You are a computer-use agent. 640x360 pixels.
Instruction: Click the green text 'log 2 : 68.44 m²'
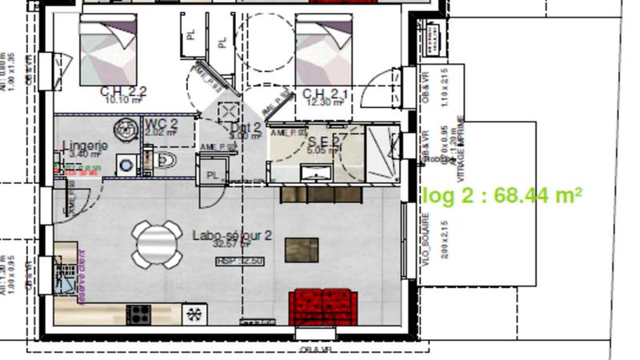[x=502, y=195]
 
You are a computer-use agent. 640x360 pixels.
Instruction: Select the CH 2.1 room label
[x=325, y=96]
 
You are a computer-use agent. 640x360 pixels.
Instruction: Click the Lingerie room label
[x=85, y=146]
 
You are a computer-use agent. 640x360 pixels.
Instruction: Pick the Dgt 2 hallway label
[x=246, y=128]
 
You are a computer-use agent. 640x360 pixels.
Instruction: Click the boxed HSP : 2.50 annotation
[x=240, y=261]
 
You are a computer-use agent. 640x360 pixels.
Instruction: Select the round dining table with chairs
[x=158, y=244]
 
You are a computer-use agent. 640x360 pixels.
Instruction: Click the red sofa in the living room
[x=323, y=308]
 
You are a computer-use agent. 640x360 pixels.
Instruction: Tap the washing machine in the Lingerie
[x=126, y=165]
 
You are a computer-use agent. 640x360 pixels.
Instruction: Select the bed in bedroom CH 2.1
[x=324, y=53]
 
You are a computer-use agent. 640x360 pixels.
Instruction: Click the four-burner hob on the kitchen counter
[x=140, y=314]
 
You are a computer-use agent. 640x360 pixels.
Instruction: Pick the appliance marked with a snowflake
[x=194, y=314]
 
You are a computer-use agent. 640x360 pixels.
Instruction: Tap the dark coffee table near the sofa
[x=302, y=250]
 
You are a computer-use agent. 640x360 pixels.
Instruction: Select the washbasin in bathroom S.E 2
[x=316, y=172]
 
